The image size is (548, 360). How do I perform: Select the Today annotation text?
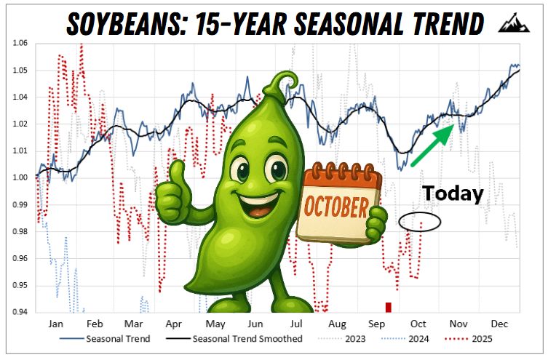(453, 193)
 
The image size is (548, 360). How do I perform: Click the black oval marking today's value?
(420, 222)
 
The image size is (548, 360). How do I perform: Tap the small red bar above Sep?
(389, 307)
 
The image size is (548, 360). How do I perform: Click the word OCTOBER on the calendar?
(335, 207)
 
